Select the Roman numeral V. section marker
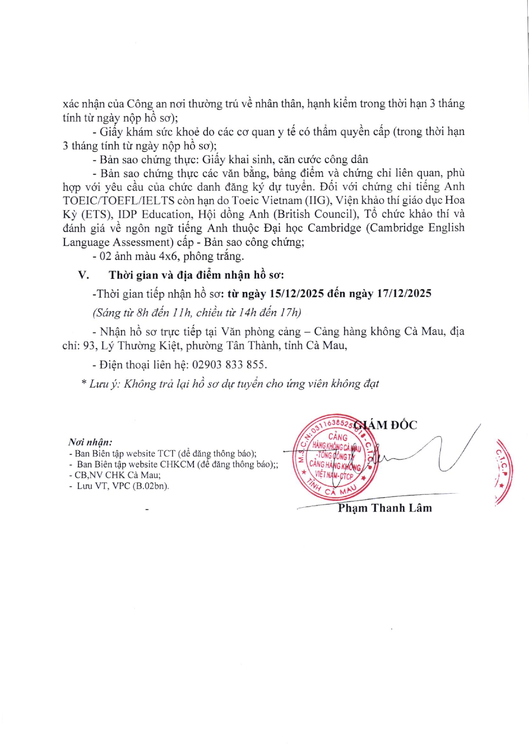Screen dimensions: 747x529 84,275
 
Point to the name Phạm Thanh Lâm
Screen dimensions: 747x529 384,508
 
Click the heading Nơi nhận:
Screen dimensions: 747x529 90,442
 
